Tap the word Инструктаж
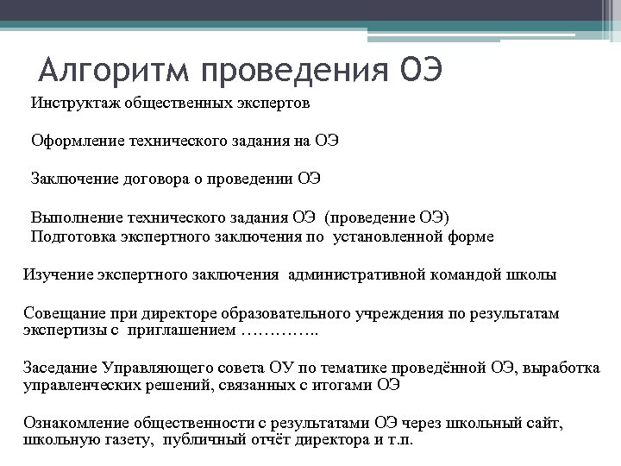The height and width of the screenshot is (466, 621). click(77, 104)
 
